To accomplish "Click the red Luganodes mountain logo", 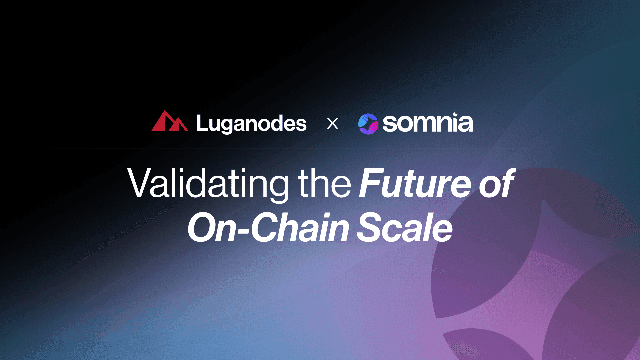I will coord(169,121).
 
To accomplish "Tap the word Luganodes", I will coord(251,124).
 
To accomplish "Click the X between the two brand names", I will coord(332,124).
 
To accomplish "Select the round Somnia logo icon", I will coord(368,124).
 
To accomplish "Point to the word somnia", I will coord(428,123).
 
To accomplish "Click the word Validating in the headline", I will coord(208,184).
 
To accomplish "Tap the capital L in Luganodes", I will coord(202,123).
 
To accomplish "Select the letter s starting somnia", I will coord(389,124).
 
